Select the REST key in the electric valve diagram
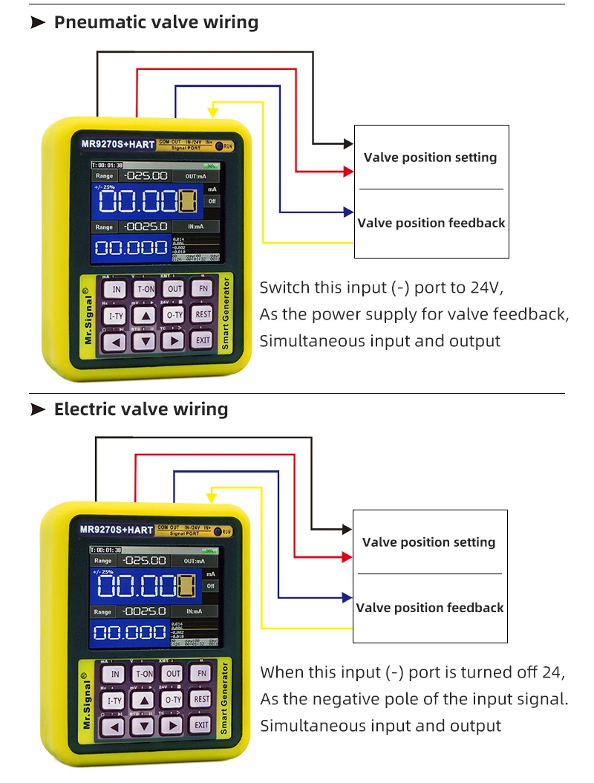point(202,699)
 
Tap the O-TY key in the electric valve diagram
point(173,699)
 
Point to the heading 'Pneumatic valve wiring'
point(156,22)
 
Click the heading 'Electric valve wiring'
point(141,409)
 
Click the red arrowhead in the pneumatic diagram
point(348,172)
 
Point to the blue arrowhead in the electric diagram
point(347,597)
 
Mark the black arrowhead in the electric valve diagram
point(347,529)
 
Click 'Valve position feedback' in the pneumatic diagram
point(431,223)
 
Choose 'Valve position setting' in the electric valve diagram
point(428,542)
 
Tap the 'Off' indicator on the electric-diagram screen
point(212,585)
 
